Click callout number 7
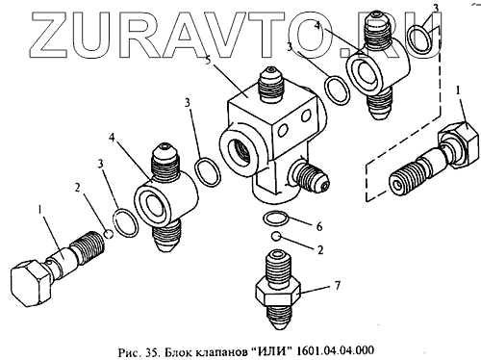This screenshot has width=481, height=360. click(338, 285)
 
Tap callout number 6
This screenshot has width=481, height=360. click(319, 227)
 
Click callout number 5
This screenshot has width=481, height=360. click(209, 61)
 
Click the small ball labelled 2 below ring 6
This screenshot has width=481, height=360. click(275, 236)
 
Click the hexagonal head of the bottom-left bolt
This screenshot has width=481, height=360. click(31, 282)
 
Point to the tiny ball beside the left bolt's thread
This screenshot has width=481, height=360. click(109, 234)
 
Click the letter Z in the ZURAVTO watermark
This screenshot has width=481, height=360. click(51, 35)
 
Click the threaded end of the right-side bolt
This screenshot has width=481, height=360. click(402, 181)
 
